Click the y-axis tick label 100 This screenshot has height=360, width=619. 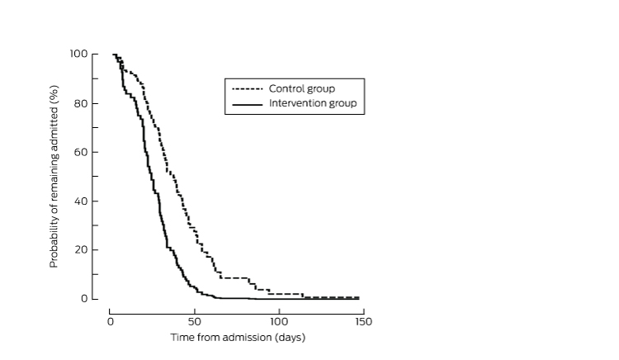(78, 54)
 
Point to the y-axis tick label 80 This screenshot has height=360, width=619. (81, 103)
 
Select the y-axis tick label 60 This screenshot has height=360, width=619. (81, 152)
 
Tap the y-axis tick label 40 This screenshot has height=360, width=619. (81, 201)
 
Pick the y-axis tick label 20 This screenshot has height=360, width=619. (81, 249)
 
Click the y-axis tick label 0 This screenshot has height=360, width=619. (83, 298)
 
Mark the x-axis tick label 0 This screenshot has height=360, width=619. (110, 321)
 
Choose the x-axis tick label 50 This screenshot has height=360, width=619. (194, 321)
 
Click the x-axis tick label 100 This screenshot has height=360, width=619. (279, 321)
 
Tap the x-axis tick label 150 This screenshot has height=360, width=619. (364, 321)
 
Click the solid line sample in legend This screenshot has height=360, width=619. (248, 104)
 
